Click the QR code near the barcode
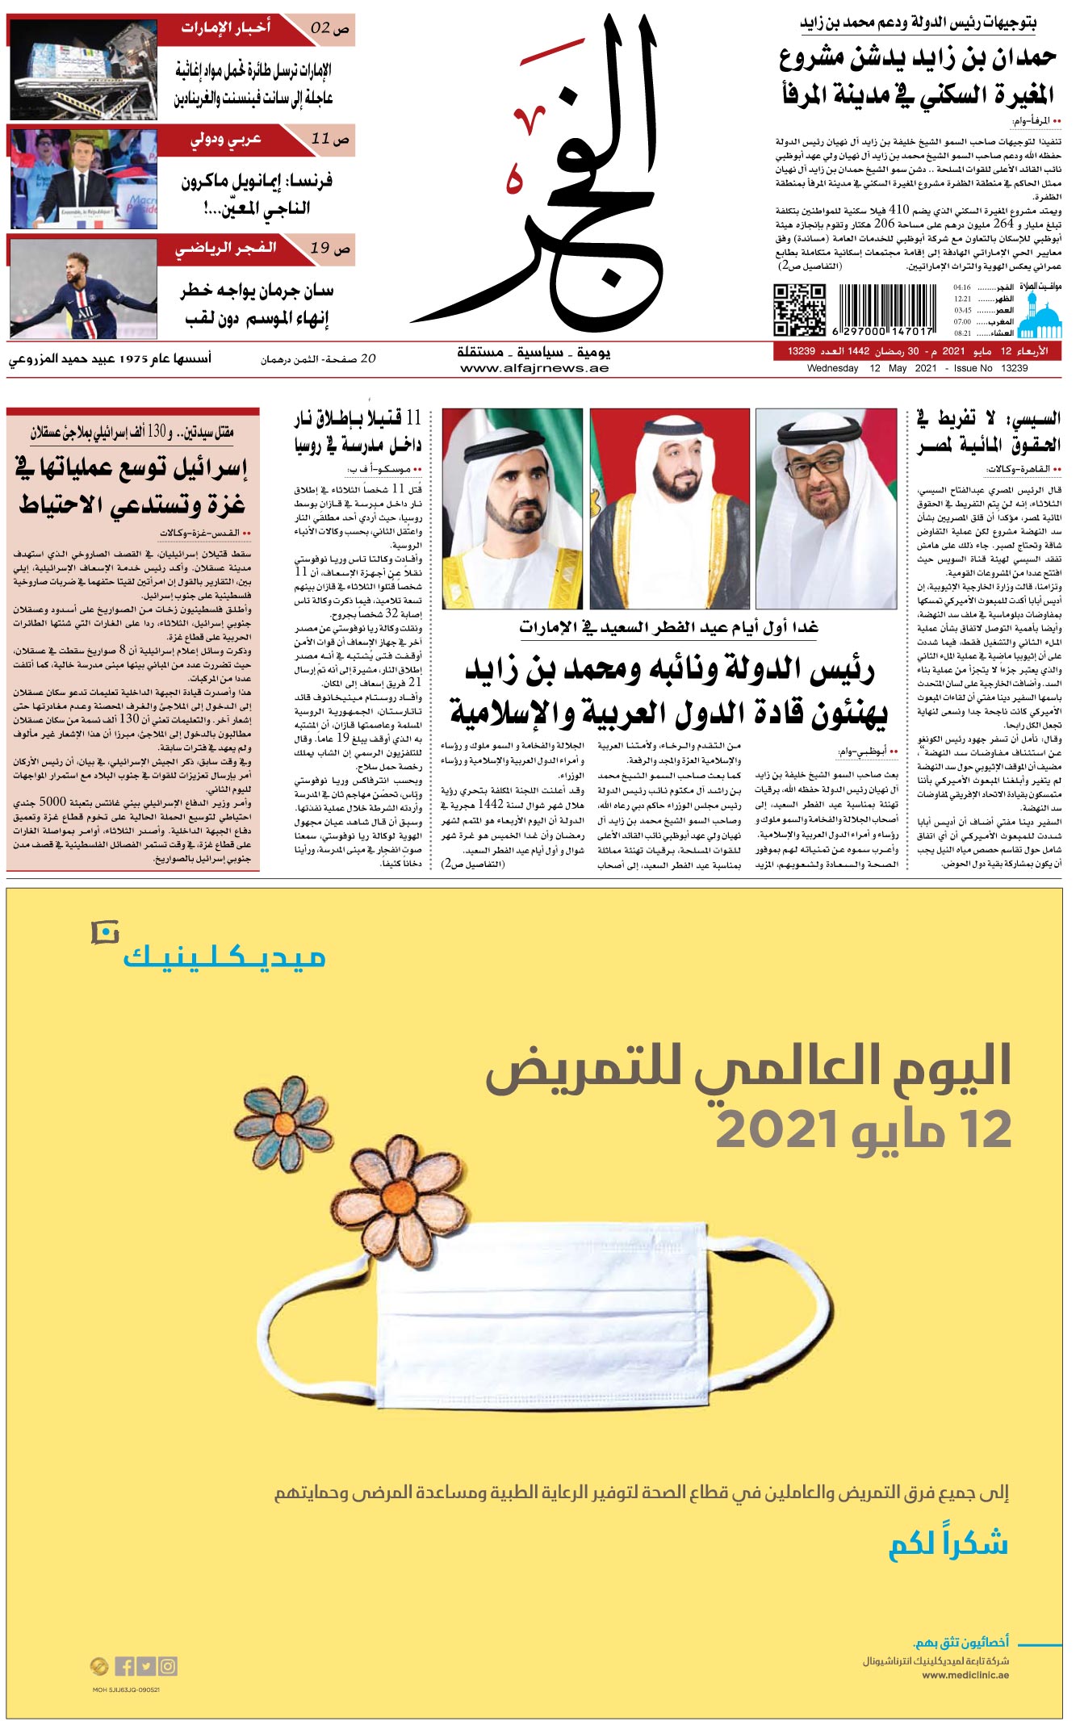pyautogui.click(x=800, y=309)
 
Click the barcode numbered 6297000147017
pyautogui.click(x=886, y=309)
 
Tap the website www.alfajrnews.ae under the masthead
pyautogui.click(x=534, y=368)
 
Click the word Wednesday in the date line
pyautogui.click(x=832, y=368)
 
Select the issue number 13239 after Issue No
pyautogui.click(x=1014, y=368)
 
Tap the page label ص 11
pyautogui.click(x=330, y=139)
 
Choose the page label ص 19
pyautogui.click(x=330, y=248)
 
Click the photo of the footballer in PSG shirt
pyautogui.click(x=82, y=288)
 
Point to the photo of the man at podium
pyautogui.click(x=82, y=178)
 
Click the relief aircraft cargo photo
pyautogui.click(x=82, y=69)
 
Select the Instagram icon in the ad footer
pyautogui.click(x=168, y=1666)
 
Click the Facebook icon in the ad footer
pyautogui.click(x=125, y=1666)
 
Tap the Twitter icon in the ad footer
pyautogui.click(x=146, y=1666)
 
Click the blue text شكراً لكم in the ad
pyautogui.click(x=948, y=1544)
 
